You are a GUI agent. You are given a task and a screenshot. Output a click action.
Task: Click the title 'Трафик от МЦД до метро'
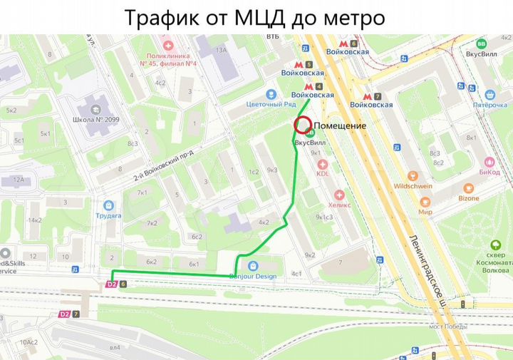point(254,17)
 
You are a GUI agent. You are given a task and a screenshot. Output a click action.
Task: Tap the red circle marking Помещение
point(302,125)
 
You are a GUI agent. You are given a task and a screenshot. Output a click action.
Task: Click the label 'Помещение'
point(340,126)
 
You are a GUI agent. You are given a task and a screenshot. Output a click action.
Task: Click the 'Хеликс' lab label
point(339,204)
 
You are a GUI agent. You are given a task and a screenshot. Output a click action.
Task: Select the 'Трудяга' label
point(108,215)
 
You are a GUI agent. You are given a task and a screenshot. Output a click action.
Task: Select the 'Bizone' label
point(468,198)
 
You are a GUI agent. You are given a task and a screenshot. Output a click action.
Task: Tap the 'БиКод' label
point(489,172)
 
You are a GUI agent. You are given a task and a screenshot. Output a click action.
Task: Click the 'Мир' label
point(425,212)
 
